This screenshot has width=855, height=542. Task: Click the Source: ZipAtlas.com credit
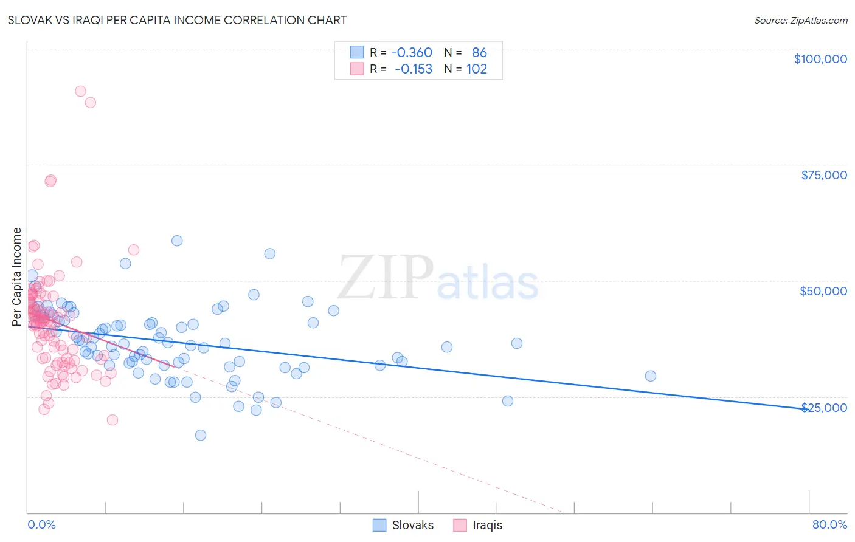[800, 21]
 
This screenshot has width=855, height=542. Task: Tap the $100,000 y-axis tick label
[820, 59]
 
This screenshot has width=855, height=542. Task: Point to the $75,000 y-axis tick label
[824, 175]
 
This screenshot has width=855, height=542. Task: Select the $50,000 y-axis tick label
[823, 291]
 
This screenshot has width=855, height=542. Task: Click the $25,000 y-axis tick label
[824, 408]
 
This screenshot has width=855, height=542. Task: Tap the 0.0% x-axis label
[41, 524]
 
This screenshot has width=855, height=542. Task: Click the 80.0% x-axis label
[829, 524]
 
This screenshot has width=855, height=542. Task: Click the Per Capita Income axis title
[17, 277]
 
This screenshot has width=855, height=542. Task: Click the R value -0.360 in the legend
[411, 53]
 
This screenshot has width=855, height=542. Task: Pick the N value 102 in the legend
[477, 69]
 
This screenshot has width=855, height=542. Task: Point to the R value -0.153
[413, 69]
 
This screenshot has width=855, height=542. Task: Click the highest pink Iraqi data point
[80, 91]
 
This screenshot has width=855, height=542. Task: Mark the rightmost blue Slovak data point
[651, 376]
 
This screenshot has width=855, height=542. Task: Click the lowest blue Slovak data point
[201, 435]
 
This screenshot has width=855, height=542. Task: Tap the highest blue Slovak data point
[177, 241]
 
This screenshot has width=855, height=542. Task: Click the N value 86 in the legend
[479, 53]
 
